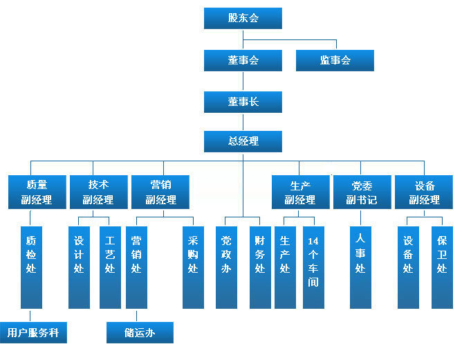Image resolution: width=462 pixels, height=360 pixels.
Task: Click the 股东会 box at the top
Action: [243, 18]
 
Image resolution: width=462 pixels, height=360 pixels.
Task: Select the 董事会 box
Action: [243, 60]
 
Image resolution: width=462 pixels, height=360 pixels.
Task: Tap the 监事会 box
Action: [335, 60]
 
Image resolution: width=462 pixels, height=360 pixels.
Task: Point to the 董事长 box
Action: [243, 102]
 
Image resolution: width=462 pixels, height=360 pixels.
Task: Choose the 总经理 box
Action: [243, 141]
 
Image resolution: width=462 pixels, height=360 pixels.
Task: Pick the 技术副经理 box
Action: [98, 192]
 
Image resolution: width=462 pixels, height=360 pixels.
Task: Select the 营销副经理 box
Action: [160, 192]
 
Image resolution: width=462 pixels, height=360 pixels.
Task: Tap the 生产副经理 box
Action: [300, 192]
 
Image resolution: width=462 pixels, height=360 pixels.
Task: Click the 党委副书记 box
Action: [362, 192]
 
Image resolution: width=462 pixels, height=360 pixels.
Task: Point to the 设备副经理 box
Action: [424, 192]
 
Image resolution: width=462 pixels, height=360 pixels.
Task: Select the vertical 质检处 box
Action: [30, 267]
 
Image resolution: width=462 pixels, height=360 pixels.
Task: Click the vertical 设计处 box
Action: [79, 267]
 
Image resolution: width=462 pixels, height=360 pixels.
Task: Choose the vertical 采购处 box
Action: [193, 267]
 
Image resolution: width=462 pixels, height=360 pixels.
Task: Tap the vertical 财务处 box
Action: [260, 267]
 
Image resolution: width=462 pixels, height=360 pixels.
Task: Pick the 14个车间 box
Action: [313, 267]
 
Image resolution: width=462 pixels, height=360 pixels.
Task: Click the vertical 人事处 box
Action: [360, 267]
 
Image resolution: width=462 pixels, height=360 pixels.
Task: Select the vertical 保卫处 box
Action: [442, 267]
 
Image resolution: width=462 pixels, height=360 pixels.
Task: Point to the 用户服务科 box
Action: [33, 333]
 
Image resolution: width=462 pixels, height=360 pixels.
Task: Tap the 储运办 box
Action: [140, 333]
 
